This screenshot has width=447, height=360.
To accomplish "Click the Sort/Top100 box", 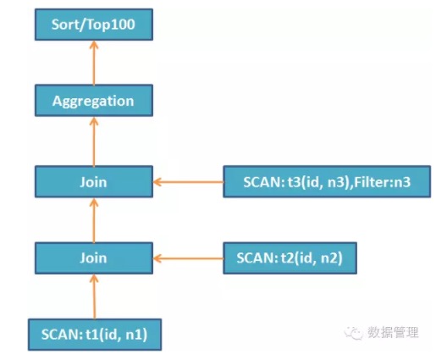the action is (94, 25).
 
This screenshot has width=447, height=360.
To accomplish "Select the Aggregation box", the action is (94, 101).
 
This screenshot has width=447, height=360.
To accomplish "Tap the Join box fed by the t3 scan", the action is (94, 181).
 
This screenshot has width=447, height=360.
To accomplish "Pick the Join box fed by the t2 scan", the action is (94, 258).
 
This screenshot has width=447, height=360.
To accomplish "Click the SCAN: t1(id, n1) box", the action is (95, 335).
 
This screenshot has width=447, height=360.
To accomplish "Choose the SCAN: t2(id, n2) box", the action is (290, 258).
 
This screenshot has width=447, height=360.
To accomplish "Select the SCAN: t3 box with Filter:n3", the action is (327, 181).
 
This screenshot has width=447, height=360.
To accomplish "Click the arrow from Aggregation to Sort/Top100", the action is (94, 63).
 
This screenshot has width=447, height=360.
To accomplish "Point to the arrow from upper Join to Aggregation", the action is (94, 141).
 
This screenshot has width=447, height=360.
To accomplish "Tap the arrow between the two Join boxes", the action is (94, 220).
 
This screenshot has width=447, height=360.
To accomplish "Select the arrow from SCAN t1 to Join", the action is (94, 296).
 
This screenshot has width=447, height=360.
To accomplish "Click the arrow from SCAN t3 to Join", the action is (188, 182).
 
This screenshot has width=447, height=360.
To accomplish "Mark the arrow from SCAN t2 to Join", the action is (188, 258).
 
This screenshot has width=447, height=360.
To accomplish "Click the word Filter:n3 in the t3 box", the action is (382, 182).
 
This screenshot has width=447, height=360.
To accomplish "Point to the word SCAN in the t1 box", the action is (62, 335).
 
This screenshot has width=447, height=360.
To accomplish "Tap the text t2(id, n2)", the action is (312, 258).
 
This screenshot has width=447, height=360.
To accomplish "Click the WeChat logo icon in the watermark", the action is (354, 332).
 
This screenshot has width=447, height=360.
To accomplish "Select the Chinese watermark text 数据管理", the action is (393, 332).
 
